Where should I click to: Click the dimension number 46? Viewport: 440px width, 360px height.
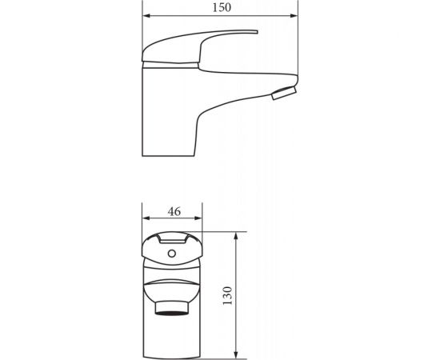tap(173, 211)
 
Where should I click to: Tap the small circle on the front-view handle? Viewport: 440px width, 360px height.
tap(170, 254)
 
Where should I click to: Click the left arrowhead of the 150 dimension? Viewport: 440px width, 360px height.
tap(145, 16)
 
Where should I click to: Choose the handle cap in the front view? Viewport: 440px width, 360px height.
tap(169, 248)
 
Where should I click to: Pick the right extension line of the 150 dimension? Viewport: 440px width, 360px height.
tap(297, 48)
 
